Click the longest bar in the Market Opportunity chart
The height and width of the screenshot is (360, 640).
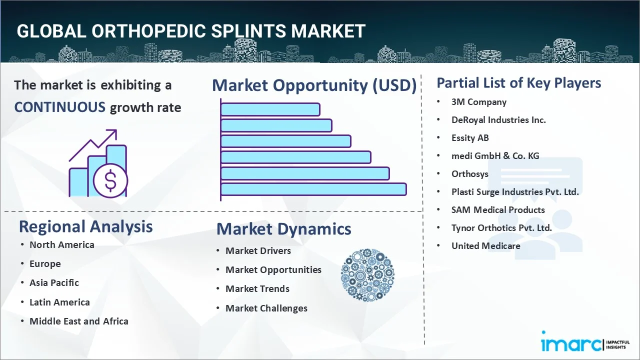[313, 189]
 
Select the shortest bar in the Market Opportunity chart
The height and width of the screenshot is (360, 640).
[270, 109]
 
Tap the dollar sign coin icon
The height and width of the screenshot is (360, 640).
[110, 181]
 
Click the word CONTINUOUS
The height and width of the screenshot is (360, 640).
[59, 107]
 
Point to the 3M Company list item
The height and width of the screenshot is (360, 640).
[478, 102]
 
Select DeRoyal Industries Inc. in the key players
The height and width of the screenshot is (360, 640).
[498, 120]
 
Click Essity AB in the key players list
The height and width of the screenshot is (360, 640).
[470, 138]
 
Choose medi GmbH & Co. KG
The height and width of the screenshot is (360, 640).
[495, 156]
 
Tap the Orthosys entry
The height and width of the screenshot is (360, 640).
[470, 174]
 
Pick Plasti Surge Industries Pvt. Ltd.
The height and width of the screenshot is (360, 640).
[515, 192]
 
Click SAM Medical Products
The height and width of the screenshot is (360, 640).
[498, 210]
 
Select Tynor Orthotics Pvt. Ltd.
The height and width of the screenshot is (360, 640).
[501, 228]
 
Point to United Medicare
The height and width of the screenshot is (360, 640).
[485, 246]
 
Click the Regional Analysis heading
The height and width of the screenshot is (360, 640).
[85, 226]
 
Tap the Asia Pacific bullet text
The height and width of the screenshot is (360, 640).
[54, 283]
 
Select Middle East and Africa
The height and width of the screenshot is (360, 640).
[79, 321]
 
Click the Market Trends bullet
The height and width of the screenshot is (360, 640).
[257, 289]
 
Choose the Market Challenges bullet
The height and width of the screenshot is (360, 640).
[266, 308]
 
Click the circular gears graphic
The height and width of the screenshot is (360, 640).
[367, 275]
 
